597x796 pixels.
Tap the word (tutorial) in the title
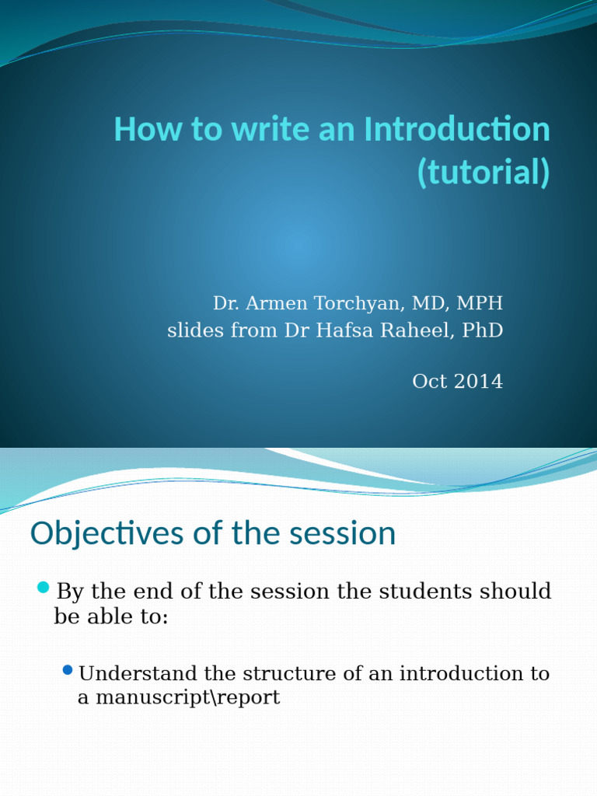pyautogui.click(x=483, y=173)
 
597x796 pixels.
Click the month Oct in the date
pyautogui.click(x=428, y=382)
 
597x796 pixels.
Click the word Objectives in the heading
pyautogui.click(x=106, y=534)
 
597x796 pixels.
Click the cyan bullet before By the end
pyautogui.click(x=43, y=587)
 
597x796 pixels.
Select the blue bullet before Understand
pyautogui.click(x=68, y=669)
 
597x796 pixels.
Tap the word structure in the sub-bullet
pyautogui.click(x=288, y=673)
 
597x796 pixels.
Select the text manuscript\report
pyautogui.click(x=178, y=697)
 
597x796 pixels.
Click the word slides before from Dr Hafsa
pyautogui.click(x=191, y=330)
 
